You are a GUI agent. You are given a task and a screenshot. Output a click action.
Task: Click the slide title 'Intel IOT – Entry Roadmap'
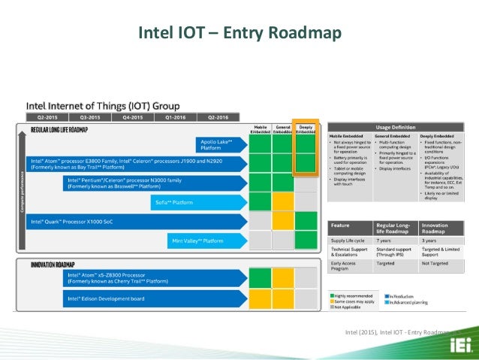click(x=239, y=32)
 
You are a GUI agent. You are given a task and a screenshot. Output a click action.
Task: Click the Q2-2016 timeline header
click(x=218, y=118)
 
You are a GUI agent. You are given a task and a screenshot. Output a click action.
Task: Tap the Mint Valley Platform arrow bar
click(x=203, y=241)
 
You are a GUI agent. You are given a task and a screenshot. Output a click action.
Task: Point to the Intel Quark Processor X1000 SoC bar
click(x=135, y=222)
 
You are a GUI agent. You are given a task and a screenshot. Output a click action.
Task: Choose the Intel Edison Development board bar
click(x=150, y=299)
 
